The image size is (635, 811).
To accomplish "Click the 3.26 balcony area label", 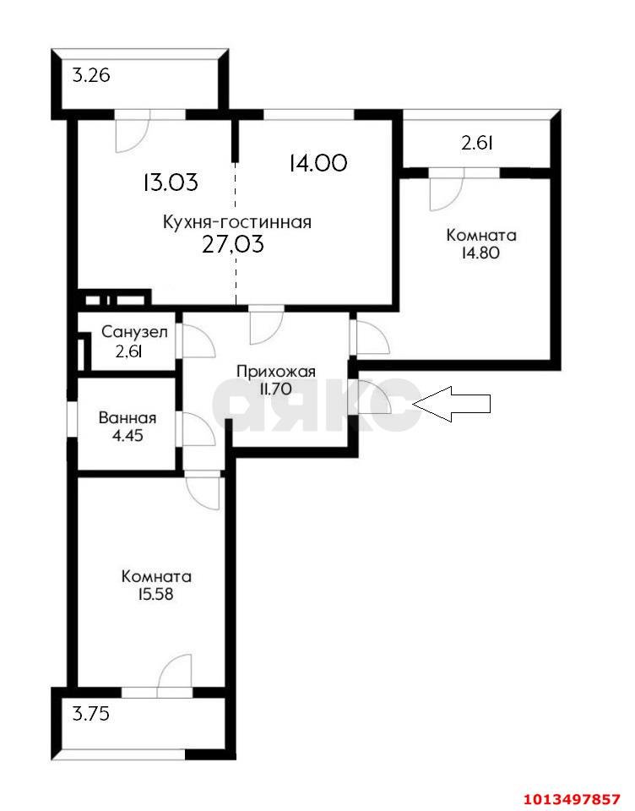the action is (x=91, y=76).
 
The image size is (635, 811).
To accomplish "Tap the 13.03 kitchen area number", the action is (x=171, y=182).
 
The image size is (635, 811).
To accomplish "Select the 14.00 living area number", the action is (x=318, y=163).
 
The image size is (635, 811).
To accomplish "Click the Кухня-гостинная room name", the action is (x=237, y=222).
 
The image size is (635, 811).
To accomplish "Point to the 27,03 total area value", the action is (x=233, y=243).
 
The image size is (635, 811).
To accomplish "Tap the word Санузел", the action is (x=134, y=331).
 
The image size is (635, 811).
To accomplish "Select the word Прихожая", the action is (x=276, y=372).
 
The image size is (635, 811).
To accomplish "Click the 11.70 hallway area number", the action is (x=276, y=389).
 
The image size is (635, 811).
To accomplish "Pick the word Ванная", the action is (x=128, y=418).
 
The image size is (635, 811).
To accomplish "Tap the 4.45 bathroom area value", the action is (x=128, y=436).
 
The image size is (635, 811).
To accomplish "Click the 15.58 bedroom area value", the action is (x=155, y=594).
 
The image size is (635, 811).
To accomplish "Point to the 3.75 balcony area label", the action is (x=91, y=715).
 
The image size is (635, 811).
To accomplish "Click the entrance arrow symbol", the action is (x=452, y=404).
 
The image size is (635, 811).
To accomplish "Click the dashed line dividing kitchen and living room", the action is (x=236, y=234).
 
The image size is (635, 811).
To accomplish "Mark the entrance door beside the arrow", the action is (x=371, y=397).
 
